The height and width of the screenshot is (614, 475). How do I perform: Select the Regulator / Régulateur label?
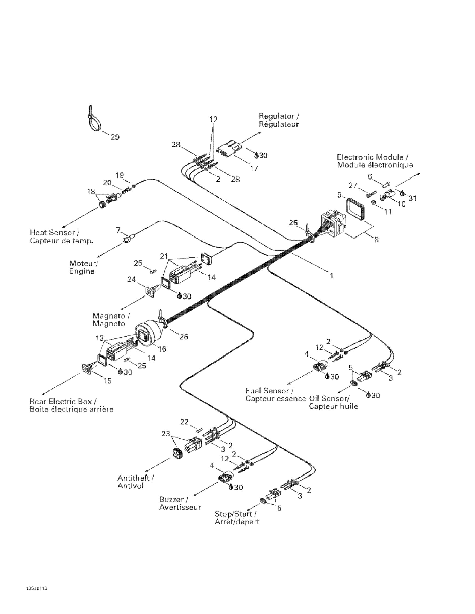pyautogui.click(x=279, y=120)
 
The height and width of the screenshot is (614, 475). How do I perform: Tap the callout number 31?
pyautogui.click(x=412, y=198)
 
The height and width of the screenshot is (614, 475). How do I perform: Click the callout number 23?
pyautogui.click(x=166, y=434)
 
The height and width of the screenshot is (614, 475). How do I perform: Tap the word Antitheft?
pyautogui.click(x=133, y=478)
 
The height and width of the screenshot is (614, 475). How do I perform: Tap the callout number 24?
pyautogui.click(x=131, y=279)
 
